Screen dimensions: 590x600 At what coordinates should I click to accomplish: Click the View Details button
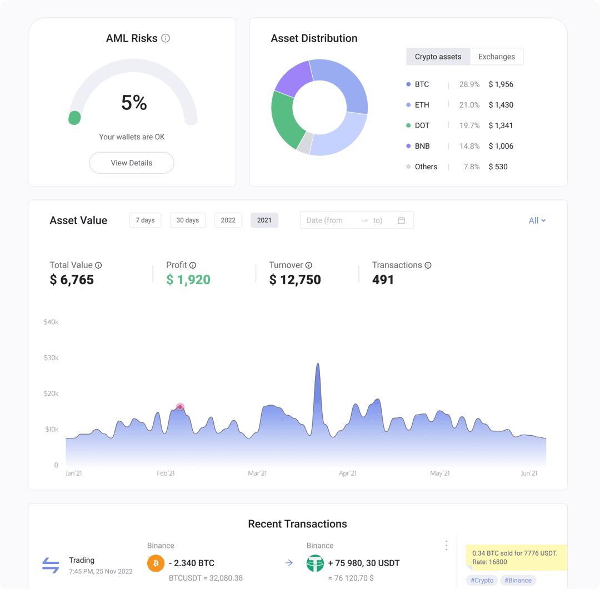[x=132, y=163]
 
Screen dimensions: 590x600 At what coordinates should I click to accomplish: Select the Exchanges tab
[x=496, y=57]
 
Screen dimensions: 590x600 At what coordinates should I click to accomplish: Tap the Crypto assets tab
[x=438, y=57]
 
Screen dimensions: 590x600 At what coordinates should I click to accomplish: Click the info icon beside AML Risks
[x=166, y=38]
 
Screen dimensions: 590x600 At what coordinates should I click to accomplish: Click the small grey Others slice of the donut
[x=304, y=143]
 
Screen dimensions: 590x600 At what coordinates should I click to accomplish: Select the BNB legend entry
[x=422, y=146]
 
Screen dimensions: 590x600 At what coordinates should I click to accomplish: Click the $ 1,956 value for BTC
[x=501, y=84]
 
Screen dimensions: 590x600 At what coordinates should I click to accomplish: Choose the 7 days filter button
[x=145, y=220]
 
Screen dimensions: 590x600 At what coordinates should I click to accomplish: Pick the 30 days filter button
[x=188, y=220]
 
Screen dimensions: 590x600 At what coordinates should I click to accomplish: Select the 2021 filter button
[x=264, y=220]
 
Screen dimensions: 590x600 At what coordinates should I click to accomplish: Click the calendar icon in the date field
[x=401, y=220]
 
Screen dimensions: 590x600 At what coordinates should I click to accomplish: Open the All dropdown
[x=537, y=220]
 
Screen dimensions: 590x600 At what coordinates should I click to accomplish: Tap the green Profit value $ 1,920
[x=188, y=280]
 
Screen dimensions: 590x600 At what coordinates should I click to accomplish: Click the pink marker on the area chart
[x=180, y=407]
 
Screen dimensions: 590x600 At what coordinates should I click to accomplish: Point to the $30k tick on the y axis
[x=51, y=358]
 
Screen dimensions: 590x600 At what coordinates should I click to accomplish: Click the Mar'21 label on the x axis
[x=257, y=473]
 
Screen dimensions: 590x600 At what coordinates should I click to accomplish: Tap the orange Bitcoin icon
[x=156, y=563]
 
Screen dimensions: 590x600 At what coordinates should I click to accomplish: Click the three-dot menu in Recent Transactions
[x=446, y=546]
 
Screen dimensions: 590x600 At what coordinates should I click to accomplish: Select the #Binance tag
[x=518, y=580]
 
